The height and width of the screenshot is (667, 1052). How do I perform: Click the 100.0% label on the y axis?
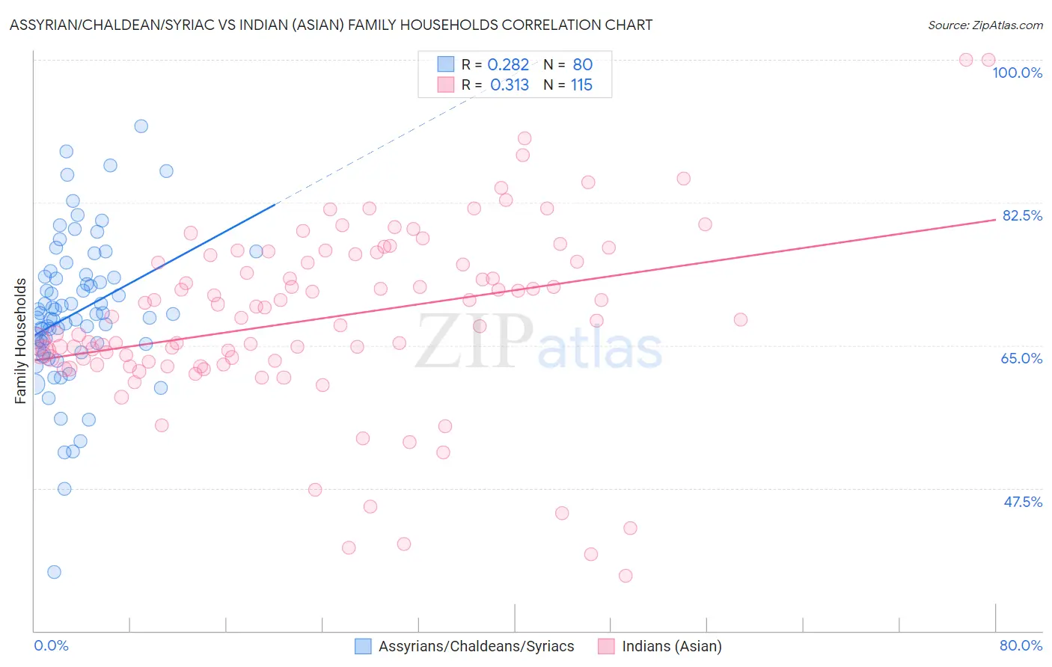1017,73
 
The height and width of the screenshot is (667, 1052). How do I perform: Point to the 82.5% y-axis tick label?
1021,215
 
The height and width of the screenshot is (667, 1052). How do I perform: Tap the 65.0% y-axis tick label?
1021,358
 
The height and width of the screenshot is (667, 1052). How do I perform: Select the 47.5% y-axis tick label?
1022,502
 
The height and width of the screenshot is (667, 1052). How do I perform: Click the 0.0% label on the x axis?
51,645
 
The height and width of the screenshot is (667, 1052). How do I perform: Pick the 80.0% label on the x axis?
1021,645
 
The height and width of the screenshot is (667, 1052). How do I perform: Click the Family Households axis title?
21,341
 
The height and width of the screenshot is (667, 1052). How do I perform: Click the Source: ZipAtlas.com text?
985,25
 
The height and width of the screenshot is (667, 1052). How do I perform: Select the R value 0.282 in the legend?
508,65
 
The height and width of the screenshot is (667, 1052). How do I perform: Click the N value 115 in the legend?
581,85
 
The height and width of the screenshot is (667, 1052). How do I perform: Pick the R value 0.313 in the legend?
510,85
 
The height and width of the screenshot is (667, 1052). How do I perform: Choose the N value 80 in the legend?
582,65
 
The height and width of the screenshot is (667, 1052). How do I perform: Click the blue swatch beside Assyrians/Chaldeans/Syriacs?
363,646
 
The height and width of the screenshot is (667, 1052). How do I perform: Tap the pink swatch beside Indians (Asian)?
606,646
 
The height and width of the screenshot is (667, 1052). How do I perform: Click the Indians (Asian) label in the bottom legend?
671,646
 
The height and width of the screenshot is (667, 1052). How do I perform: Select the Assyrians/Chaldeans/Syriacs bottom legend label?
476,646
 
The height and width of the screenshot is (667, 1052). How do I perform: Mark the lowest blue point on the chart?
54,572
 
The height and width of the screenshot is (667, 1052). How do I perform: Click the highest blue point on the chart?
141,126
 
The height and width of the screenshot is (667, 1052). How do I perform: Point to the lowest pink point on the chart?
626,576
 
